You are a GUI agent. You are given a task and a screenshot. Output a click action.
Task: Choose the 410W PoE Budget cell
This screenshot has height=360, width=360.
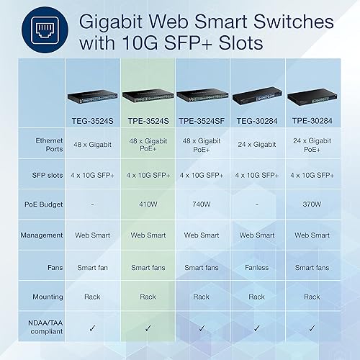point(148,204)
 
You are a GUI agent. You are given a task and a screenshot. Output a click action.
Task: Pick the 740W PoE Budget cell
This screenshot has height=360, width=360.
point(202,204)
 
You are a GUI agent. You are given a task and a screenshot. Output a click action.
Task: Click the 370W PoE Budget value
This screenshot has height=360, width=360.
point(312,204)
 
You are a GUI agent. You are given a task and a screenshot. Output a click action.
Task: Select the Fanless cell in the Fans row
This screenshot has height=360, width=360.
point(257,267)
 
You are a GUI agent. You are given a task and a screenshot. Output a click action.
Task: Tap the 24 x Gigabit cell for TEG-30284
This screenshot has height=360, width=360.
point(257,145)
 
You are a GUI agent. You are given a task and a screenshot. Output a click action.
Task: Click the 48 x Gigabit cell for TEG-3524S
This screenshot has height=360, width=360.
point(92,145)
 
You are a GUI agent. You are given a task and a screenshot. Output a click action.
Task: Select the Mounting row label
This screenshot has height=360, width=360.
point(42,296)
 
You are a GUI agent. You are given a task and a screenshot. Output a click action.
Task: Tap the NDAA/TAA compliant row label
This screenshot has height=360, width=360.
point(42,326)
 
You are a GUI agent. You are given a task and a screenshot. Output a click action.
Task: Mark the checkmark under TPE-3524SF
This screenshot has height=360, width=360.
point(202,327)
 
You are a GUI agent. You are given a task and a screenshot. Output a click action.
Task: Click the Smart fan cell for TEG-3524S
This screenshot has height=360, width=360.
point(92,267)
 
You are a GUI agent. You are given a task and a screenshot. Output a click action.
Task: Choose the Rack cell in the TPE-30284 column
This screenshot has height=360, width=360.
point(312,296)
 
